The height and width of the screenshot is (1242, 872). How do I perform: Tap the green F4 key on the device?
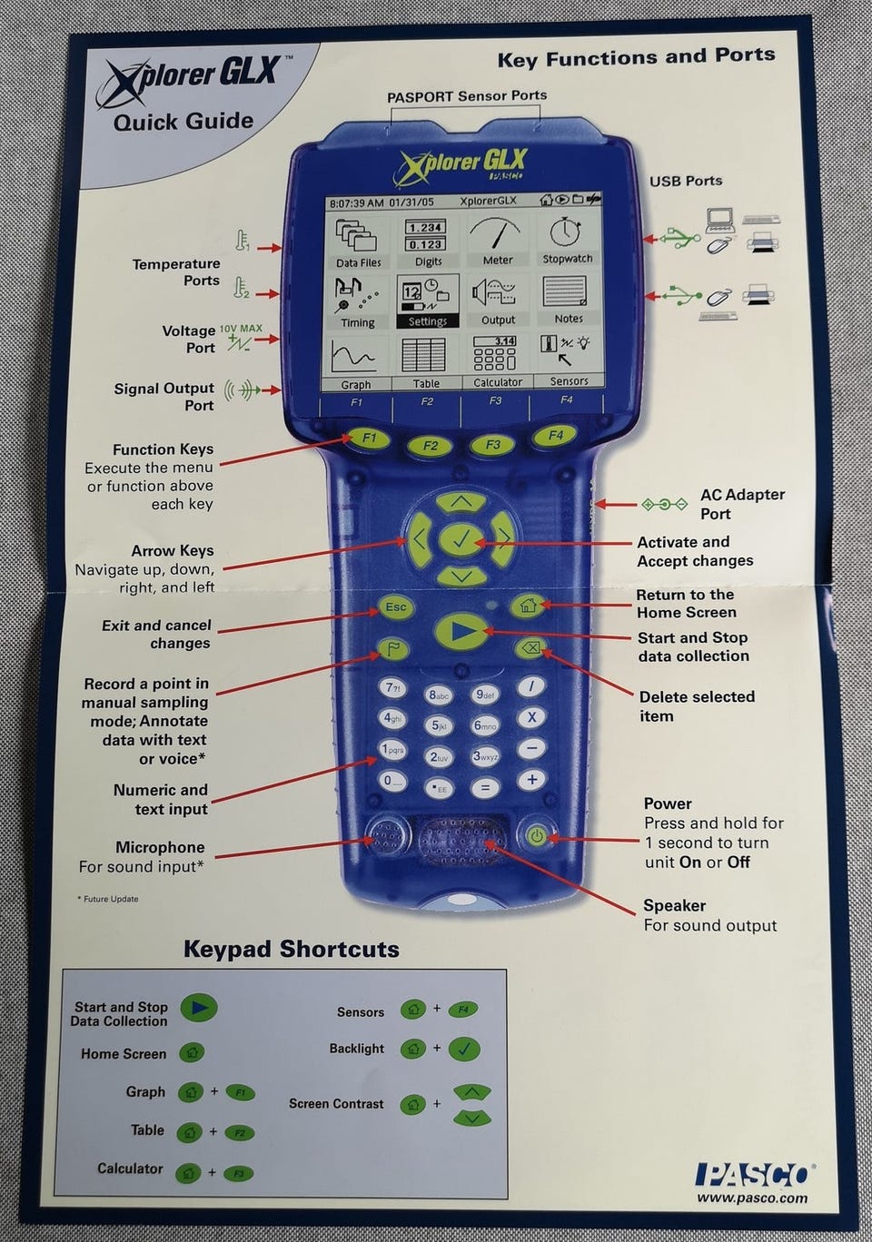pos(556,436)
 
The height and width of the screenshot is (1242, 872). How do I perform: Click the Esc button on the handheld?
pos(395,607)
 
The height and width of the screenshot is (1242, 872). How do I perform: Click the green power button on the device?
pos(537,835)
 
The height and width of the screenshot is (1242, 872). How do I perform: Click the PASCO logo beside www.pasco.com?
pos(752,1175)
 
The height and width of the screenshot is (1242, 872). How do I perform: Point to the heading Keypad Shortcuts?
pos(291,950)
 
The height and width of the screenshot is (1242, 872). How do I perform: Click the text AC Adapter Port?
pos(741,504)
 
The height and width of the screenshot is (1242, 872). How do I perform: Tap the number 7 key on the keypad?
pos(392,688)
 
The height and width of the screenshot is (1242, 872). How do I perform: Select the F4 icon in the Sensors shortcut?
pos(464,1009)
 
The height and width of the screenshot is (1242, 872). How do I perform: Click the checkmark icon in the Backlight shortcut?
pos(464,1049)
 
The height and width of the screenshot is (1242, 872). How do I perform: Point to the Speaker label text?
pos(674,905)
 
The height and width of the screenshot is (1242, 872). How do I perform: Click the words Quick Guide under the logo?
pos(183,122)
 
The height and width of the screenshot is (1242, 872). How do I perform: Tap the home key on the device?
pos(527,605)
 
